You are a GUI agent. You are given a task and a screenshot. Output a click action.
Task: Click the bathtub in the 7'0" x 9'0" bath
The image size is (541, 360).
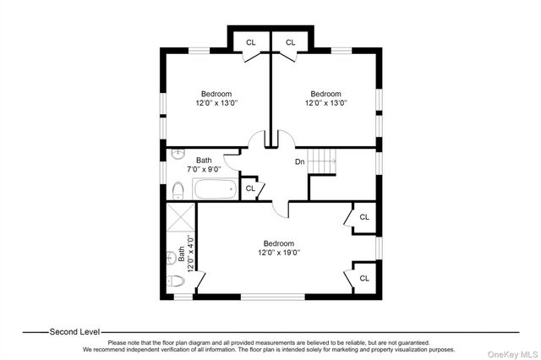(x=215, y=188)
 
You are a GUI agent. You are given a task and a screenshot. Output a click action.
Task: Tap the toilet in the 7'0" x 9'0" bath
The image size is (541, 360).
(x=178, y=191)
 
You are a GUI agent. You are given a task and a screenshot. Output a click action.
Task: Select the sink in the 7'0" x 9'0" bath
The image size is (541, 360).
(x=178, y=154)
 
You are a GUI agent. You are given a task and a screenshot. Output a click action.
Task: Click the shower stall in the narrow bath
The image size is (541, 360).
(x=181, y=217)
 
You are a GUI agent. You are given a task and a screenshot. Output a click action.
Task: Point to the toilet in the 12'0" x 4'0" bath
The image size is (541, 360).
(x=176, y=281)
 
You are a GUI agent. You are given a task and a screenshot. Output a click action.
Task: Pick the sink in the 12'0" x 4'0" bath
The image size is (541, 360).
(x=172, y=258)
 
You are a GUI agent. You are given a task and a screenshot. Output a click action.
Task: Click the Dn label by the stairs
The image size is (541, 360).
(x=300, y=161)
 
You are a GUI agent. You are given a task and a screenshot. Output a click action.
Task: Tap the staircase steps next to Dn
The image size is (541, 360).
(x=321, y=161)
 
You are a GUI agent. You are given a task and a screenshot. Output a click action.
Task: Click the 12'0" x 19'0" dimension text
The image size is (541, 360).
(x=279, y=253)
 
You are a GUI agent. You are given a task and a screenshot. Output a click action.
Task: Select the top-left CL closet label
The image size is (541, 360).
(x=251, y=42)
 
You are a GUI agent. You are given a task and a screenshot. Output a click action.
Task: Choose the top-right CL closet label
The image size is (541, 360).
(x=291, y=42)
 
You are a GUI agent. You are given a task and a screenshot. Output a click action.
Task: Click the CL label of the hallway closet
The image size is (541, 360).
(x=250, y=188)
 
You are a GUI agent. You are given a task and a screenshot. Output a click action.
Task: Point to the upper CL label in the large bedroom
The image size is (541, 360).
(x=364, y=217)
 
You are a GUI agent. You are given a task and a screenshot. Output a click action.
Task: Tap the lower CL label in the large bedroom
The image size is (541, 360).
(x=364, y=278)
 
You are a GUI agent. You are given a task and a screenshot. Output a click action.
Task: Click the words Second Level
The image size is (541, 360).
(x=74, y=332)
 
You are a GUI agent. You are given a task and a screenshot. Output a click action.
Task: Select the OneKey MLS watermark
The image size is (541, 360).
(x=512, y=354)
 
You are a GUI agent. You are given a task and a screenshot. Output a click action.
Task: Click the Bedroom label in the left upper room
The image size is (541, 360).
(x=216, y=94)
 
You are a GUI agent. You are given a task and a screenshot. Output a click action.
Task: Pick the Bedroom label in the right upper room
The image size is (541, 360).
(x=325, y=94)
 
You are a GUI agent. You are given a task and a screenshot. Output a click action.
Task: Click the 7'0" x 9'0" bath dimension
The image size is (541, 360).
(x=204, y=169)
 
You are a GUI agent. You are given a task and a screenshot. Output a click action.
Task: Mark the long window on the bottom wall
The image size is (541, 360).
(x=273, y=297)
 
